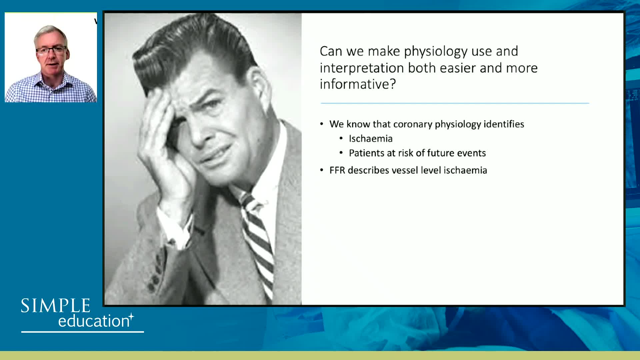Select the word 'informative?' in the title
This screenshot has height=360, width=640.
358,84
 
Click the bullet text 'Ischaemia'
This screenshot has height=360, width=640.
371,139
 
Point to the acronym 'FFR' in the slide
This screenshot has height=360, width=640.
337,170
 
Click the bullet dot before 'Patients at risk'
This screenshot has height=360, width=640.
341,153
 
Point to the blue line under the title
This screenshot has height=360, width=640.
455,103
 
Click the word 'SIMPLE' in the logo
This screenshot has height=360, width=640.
56,306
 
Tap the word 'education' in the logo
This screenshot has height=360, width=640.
94,321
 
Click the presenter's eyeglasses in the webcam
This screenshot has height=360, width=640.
52,51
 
